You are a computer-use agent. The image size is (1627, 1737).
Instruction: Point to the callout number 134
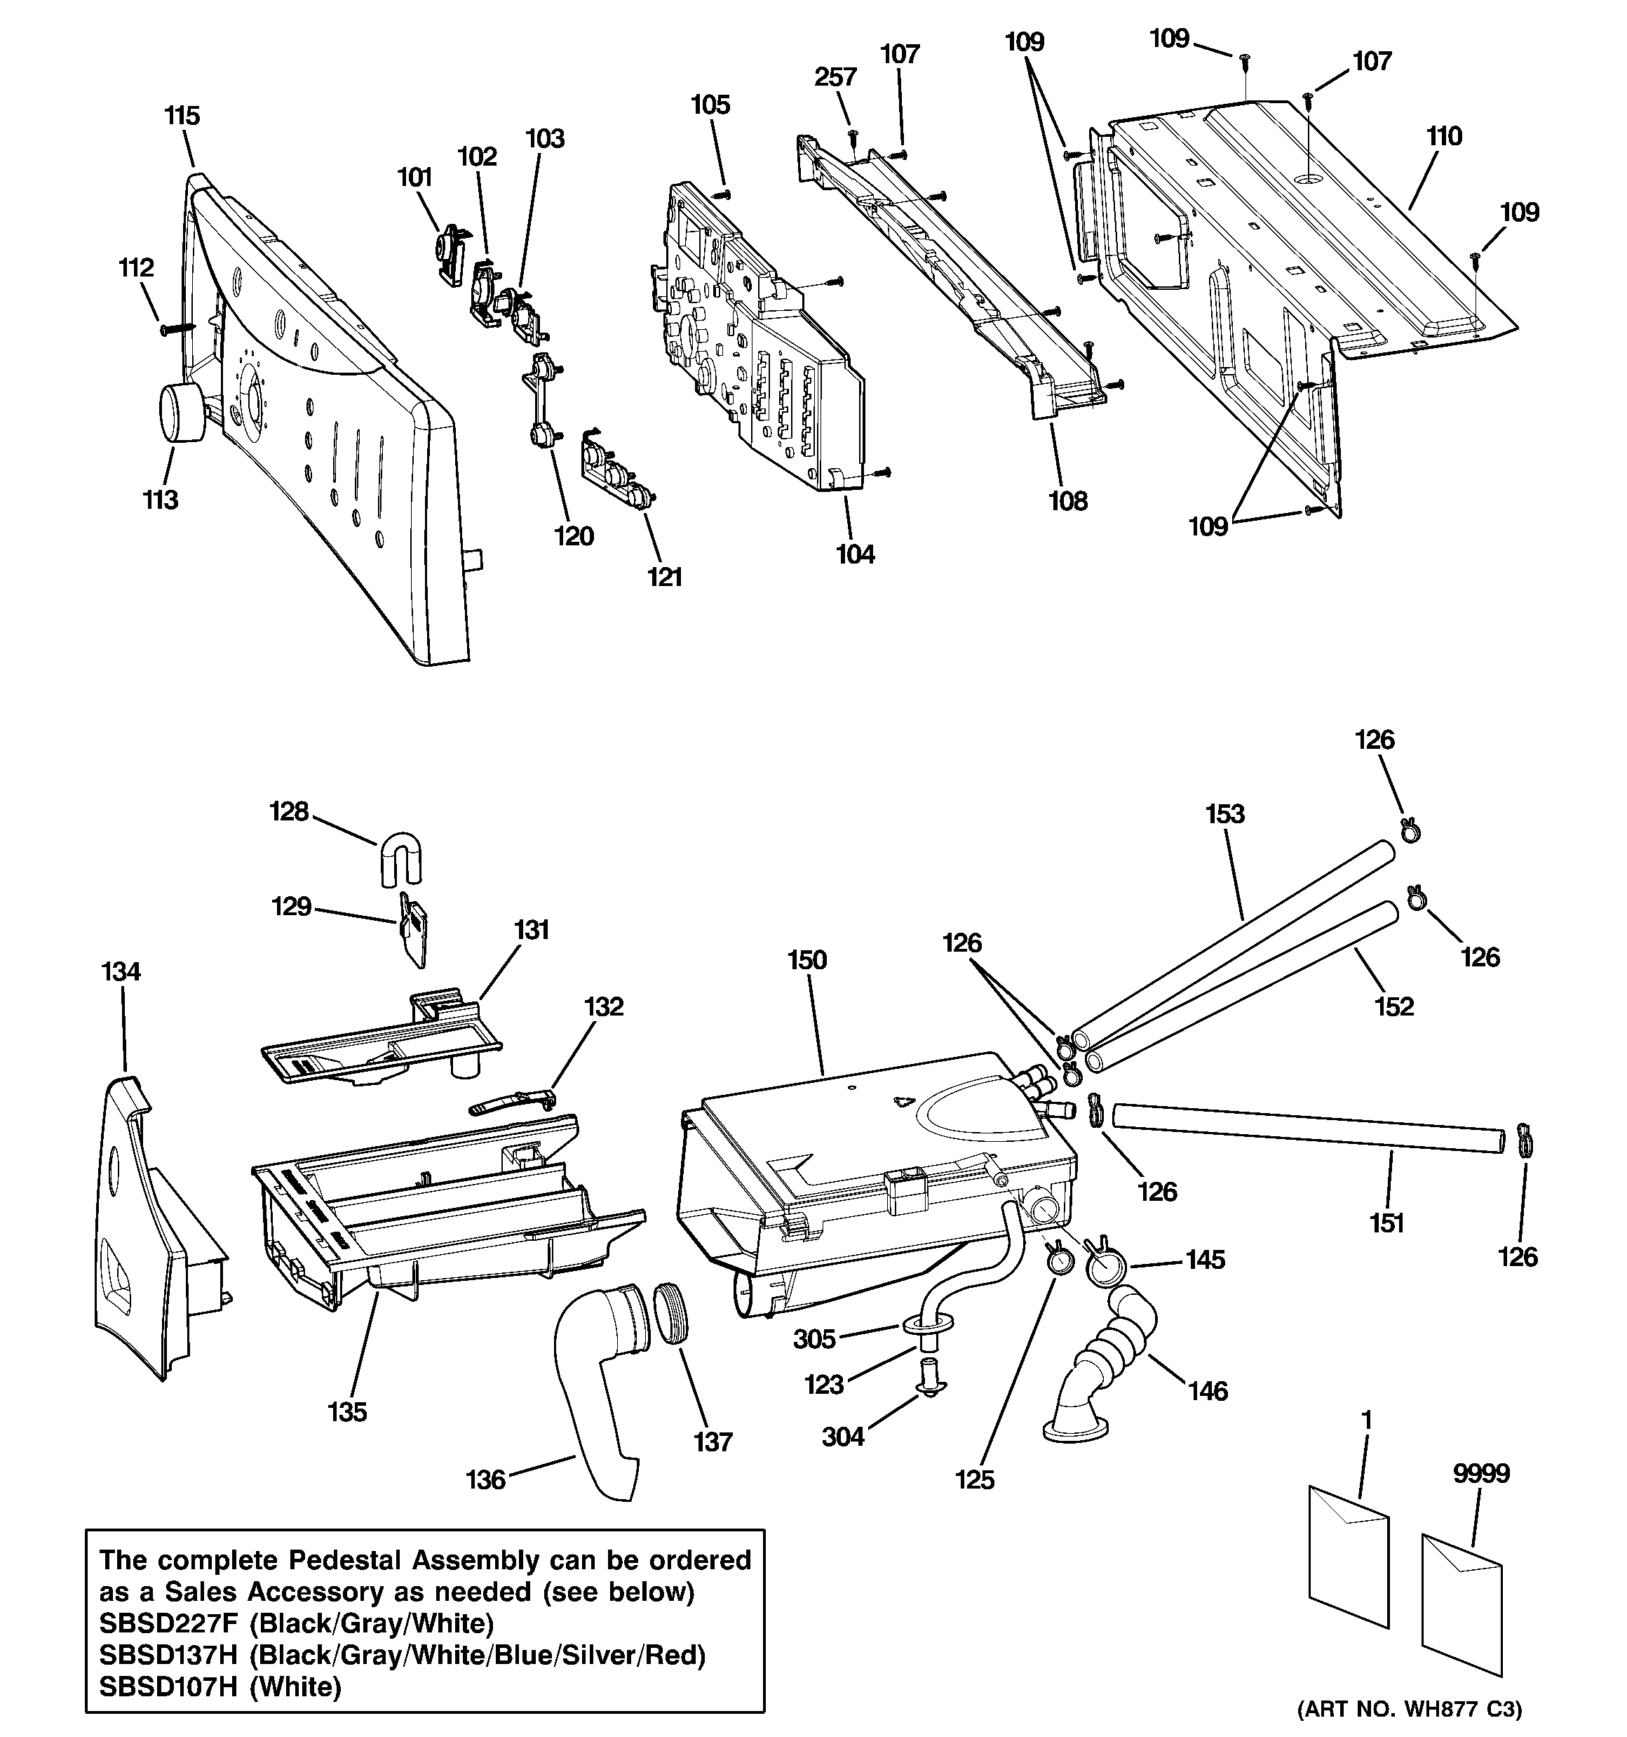tap(121, 971)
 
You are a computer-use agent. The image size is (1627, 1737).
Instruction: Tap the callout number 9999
tap(1481, 1474)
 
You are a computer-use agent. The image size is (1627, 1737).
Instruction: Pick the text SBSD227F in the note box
tap(168, 1623)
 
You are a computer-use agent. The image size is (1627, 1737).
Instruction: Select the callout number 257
tap(836, 78)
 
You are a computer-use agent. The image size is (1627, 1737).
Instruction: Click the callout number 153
tap(1224, 814)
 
